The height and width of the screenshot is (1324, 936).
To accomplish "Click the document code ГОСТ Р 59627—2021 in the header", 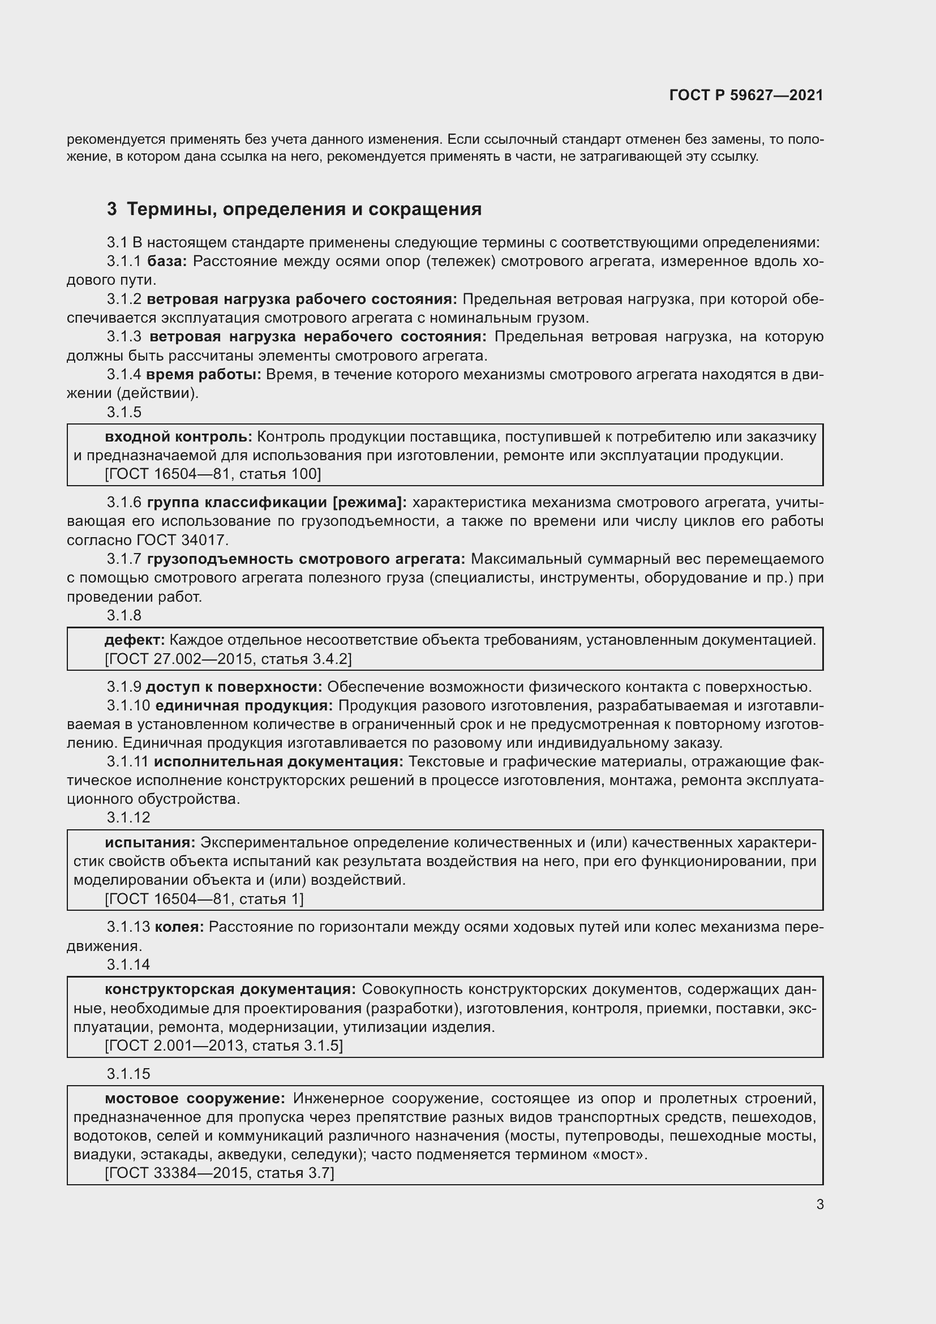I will (746, 95).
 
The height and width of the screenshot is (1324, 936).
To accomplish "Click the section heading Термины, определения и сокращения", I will (304, 209).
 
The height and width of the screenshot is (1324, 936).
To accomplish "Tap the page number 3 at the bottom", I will (819, 1204).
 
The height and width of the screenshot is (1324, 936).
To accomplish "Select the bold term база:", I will (167, 261).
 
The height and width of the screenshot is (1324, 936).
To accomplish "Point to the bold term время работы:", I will (204, 374).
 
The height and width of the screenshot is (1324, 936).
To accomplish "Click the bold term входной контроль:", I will (178, 436).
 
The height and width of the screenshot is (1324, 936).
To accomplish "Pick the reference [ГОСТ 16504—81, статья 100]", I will (213, 474).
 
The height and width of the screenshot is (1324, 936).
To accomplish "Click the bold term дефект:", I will (134, 640).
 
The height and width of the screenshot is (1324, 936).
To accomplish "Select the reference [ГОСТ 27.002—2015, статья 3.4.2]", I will (227, 658).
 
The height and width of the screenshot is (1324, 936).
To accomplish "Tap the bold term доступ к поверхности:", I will (234, 687).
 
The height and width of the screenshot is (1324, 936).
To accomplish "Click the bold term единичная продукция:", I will (244, 705).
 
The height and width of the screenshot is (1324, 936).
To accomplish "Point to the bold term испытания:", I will (150, 842).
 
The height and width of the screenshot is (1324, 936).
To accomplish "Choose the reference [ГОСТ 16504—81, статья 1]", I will (204, 898).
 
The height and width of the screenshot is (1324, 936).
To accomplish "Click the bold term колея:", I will (179, 927).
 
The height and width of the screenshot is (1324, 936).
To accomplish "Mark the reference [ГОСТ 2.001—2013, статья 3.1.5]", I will (224, 1046).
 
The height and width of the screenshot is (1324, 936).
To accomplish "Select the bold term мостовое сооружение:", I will (195, 1099).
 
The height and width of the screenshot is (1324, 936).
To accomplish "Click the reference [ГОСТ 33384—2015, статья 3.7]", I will (219, 1173).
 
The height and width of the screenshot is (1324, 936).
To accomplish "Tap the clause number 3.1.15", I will (128, 1074).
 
